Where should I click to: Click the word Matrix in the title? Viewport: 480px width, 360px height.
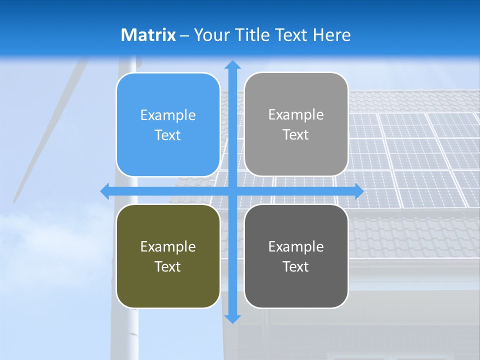click(x=148, y=35)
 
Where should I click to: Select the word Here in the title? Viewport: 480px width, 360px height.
click(x=332, y=35)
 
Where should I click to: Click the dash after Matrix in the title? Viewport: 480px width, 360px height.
click(x=184, y=35)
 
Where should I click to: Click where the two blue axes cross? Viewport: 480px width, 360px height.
click(x=232, y=191)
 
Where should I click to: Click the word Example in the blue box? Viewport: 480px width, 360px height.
click(x=168, y=115)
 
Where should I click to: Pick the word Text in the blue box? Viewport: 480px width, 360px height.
click(x=167, y=135)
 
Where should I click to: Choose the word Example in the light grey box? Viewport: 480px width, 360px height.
click(x=296, y=115)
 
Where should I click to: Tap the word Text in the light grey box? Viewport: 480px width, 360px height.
click(x=295, y=135)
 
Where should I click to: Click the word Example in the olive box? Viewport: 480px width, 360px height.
click(x=168, y=247)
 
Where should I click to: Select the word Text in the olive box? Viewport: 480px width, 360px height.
click(x=167, y=267)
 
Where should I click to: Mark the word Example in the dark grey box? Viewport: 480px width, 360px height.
click(x=296, y=247)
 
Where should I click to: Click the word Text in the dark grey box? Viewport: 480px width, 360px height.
click(x=295, y=267)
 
